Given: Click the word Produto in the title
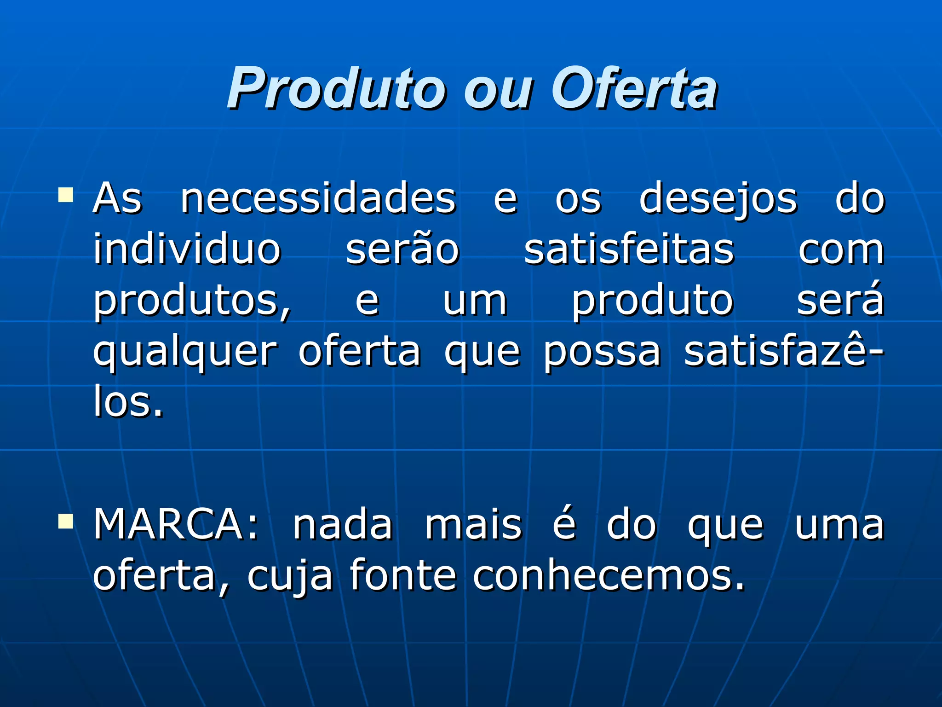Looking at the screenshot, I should click(x=336, y=88).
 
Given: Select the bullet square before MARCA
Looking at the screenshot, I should click(x=66, y=521).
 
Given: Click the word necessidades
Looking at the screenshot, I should click(x=318, y=199).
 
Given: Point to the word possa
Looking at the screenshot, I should click(x=602, y=353).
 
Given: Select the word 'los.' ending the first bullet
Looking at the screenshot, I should click(x=128, y=401).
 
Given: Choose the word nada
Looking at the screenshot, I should click(x=343, y=525).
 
